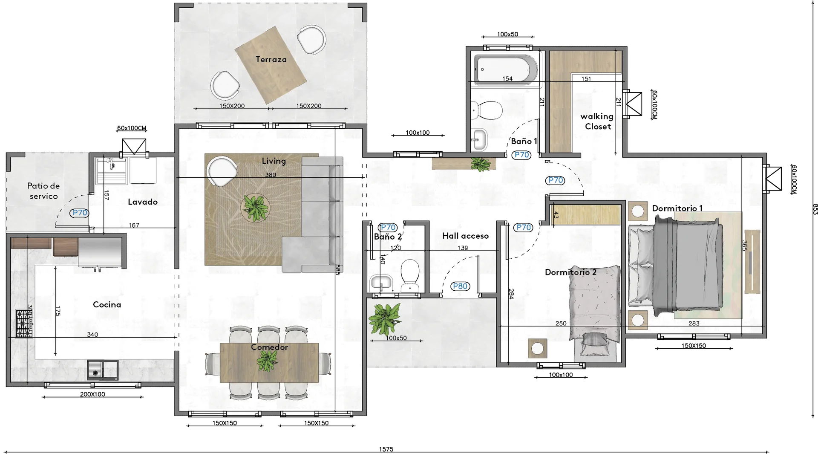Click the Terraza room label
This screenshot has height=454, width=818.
(x=271, y=59)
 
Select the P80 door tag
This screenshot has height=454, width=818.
(x=460, y=286)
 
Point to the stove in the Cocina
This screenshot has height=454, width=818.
(x=24, y=324)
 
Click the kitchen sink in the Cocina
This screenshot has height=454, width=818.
(x=103, y=370)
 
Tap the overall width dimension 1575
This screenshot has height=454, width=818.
(x=386, y=449)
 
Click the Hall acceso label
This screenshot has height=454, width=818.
(x=465, y=236)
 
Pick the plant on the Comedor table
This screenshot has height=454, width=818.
(x=267, y=361)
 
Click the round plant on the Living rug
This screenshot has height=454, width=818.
(x=255, y=208)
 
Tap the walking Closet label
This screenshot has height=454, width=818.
(x=597, y=121)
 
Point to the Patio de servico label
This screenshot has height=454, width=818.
(x=43, y=191)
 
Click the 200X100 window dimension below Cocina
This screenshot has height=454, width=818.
(x=92, y=394)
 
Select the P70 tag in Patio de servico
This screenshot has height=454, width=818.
(x=80, y=213)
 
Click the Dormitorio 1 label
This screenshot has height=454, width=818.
(x=677, y=208)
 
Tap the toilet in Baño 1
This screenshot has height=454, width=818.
(x=487, y=110)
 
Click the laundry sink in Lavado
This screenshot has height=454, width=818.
(x=112, y=171)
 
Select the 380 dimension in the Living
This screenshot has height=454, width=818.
(x=271, y=175)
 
